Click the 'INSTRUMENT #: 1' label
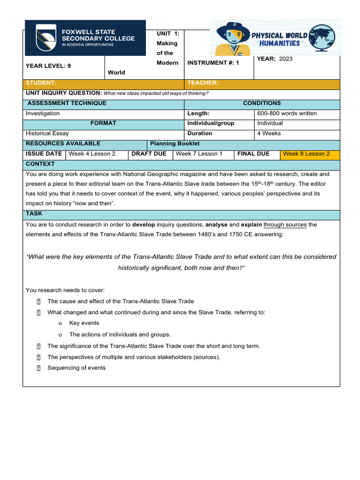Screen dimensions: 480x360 [213, 63]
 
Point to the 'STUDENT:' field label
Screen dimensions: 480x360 [41, 83]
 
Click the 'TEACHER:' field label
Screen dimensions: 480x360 [203, 83]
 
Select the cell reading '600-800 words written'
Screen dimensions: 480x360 [286, 113]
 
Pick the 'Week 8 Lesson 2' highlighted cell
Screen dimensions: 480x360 [306, 154]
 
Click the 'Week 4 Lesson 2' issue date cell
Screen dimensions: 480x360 [92, 154]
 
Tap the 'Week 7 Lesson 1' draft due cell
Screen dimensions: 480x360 [199, 154]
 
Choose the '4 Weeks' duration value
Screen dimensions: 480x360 [269, 134]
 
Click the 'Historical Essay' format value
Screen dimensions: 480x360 [47, 134]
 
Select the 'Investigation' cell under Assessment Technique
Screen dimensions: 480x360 [43, 113]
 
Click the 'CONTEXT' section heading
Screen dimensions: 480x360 [40, 164]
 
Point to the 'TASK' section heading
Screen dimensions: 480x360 [34, 214]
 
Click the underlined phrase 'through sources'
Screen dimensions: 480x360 [285, 225]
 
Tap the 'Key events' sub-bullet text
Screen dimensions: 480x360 [84, 323]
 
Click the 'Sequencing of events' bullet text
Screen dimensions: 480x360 [76, 368]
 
